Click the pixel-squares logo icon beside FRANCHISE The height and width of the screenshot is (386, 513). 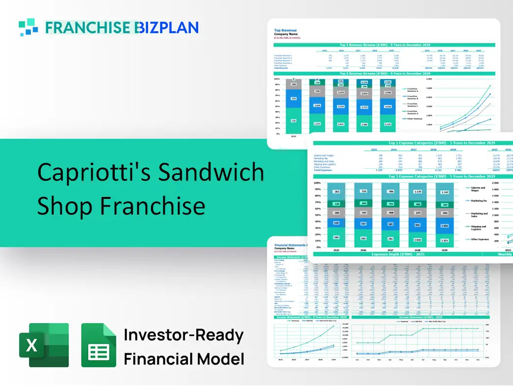pos(28,27)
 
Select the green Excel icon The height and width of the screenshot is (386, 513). pos(44,345)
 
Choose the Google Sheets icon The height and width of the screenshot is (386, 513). pos(99,345)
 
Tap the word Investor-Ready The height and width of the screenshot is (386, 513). pos(184,335)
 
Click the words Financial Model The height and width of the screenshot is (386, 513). pos(184,359)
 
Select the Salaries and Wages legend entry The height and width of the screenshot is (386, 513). pos(478,189)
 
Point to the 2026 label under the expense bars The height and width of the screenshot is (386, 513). pos(364,249)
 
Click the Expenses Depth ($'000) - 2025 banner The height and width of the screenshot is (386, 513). pos(398,254)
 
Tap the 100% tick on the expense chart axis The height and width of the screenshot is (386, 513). pos(317,182)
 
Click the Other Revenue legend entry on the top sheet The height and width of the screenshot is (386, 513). pos(414,118)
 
